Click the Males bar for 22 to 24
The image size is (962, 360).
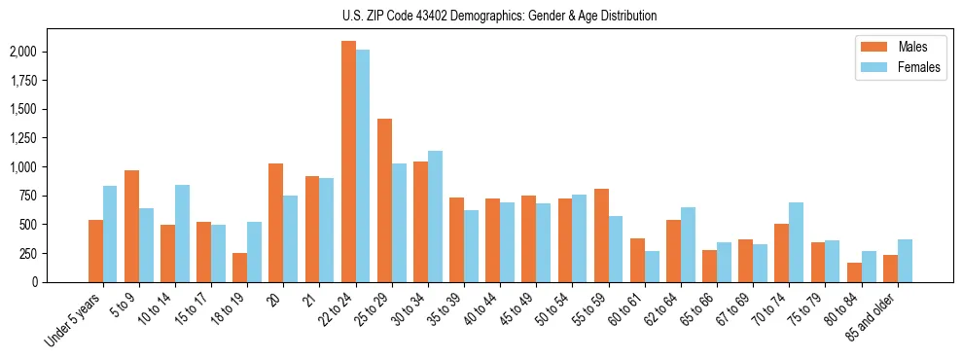point(348,162)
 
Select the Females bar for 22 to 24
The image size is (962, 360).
point(363,165)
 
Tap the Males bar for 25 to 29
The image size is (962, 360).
point(384,200)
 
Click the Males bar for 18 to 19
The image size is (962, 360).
point(239,268)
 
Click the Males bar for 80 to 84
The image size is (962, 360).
point(854,272)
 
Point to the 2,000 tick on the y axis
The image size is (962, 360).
point(24,52)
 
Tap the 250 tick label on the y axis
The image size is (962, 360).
point(30,253)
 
